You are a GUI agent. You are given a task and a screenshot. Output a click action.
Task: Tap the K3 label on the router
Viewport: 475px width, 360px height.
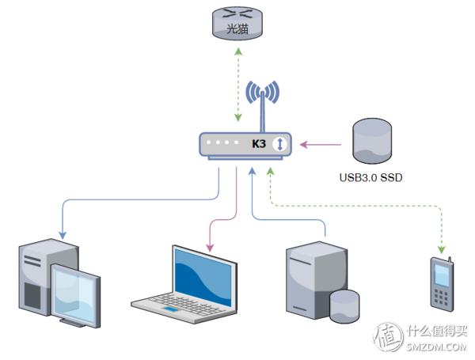259,144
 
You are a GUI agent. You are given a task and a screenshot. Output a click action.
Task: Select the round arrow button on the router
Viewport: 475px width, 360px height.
280,144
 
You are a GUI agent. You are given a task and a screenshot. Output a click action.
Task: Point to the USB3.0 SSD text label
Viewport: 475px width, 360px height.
370,177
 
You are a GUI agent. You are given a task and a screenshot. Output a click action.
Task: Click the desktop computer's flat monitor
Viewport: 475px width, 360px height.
75,291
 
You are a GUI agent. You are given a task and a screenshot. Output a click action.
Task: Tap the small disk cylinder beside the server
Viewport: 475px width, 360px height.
344,304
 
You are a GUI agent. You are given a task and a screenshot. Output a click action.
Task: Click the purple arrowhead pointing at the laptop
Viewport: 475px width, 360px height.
210,248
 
